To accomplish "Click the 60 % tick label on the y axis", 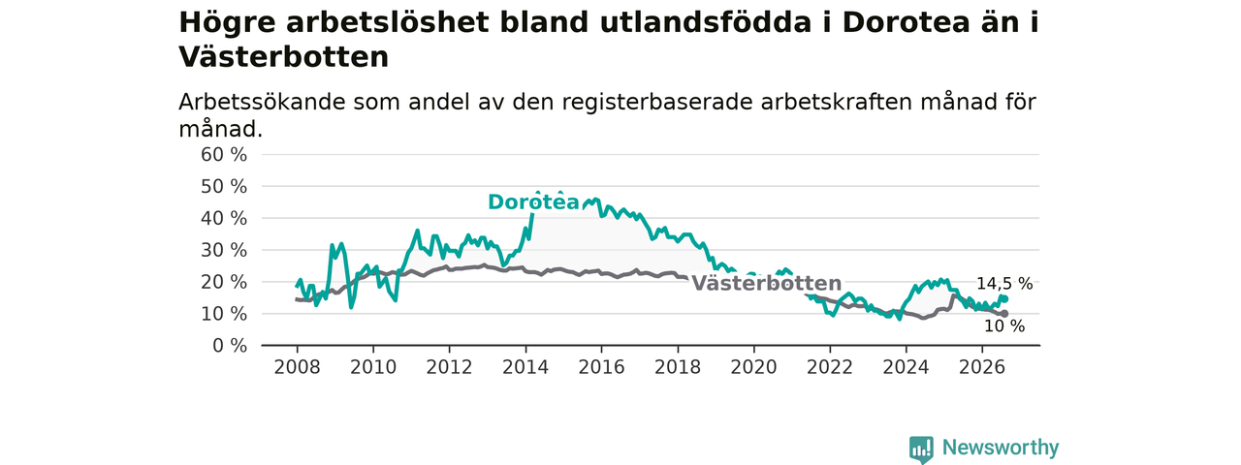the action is [224, 155].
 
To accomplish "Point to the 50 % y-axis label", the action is [224, 187].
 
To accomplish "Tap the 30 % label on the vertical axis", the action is [224, 250].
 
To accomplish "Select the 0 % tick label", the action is [230, 346].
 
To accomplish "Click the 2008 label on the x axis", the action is [297, 367].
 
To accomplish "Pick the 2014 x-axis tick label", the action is [525, 367].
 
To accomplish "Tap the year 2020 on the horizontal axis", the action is [753, 367].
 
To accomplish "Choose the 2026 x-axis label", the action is [982, 367].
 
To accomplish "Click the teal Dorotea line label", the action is [533, 202].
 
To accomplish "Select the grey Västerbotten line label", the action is [767, 283].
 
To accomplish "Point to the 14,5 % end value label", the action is [1004, 284].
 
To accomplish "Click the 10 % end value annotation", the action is [1004, 326].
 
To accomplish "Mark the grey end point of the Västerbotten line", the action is [1004, 314].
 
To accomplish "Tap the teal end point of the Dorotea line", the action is [1004, 299].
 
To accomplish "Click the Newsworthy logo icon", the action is [921, 449].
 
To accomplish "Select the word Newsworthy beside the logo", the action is [1001, 447].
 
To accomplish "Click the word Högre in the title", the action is [227, 23].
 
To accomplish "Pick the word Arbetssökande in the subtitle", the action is [262, 102].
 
